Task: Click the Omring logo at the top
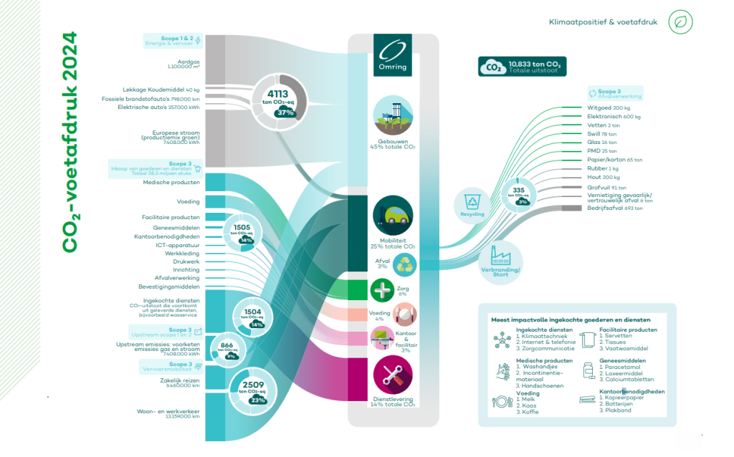[392, 56]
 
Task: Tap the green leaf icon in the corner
[680, 22]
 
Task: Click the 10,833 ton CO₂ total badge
[522, 67]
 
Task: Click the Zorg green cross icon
[382, 289]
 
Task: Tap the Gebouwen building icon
[393, 117]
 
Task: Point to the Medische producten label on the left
[171, 182]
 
